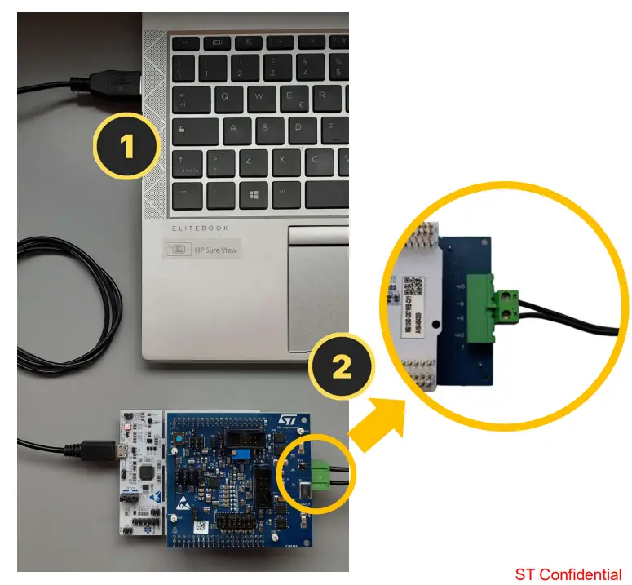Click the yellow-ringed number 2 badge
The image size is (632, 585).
[342, 366]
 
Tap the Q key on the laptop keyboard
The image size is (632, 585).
[224, 96]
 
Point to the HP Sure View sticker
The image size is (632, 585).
[204, 250]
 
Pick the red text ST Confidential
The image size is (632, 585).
[568, 574]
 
